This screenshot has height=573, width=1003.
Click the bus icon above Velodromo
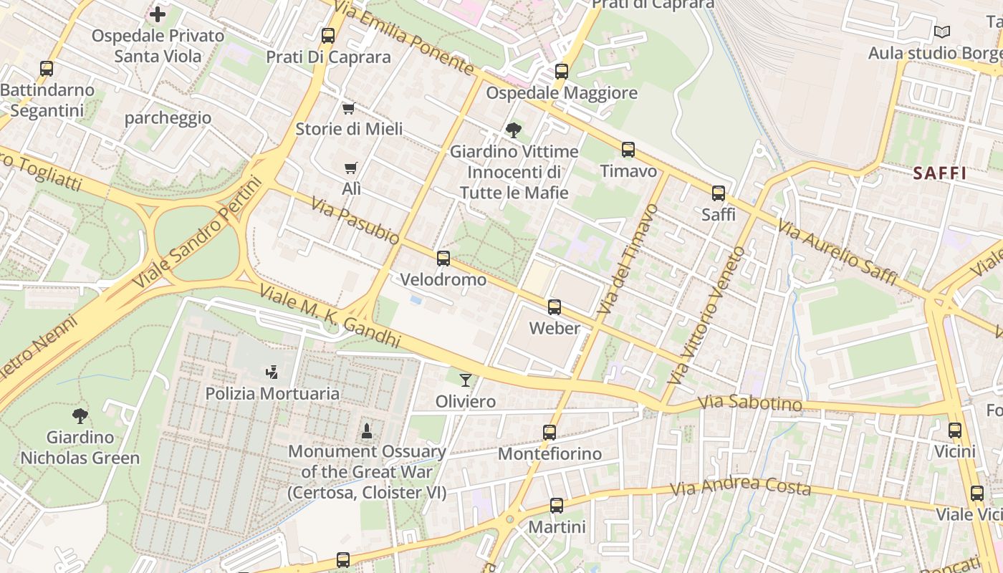coord(443,259)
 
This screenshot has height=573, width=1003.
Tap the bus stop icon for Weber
coord(555,307)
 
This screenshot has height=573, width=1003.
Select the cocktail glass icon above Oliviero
coord(466,380)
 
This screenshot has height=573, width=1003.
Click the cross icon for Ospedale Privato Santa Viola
coord(158,14)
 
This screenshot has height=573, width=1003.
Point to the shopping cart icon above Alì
coord(350,168)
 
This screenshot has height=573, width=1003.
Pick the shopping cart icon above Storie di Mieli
coord(348,108)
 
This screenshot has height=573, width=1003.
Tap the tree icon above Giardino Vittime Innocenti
coord(513,130)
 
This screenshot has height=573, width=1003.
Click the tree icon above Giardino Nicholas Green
coord(80,415)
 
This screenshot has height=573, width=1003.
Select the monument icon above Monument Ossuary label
coord(367,430)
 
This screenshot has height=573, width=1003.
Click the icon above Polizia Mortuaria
coord(272,372)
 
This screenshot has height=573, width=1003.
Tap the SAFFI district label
coord(939,173)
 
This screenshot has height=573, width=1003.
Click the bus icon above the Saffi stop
coord(718,193)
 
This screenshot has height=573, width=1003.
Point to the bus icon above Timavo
coord(628,150)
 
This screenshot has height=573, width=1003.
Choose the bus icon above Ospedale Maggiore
coord(562,72)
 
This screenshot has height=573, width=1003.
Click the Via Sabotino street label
coord(749,403)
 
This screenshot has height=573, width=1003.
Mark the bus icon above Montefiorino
coord(550,433)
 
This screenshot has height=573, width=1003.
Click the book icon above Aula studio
coord(941,32)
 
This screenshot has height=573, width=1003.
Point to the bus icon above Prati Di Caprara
coord(328,35)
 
